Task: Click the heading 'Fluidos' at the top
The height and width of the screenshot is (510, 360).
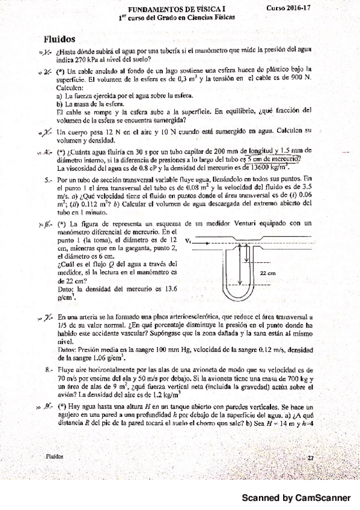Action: coord(59,38)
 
